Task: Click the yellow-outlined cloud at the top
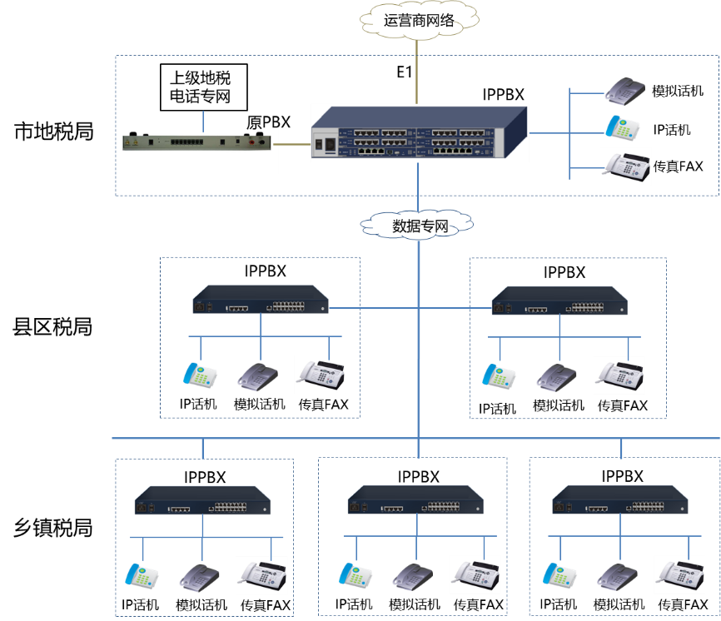(x=419, y=20)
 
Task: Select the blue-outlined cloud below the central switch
(x=416, y=223)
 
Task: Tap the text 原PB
(x=262, y=123)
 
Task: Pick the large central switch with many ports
(x=419, y=134)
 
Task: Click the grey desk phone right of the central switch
(x=625, y=89)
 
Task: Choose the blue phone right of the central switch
(x=623, y=127)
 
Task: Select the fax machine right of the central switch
(x=625, y=166)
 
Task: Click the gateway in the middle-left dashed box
(x=261, y=299)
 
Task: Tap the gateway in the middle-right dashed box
(x=559, y=301)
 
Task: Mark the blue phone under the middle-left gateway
(x=200, y=375)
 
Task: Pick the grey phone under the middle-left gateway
(x=257, y=377)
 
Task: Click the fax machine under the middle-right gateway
(x=619, y=375)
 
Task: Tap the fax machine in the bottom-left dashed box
(x=261, y=574)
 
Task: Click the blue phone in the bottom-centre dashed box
(x=356, y=575)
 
